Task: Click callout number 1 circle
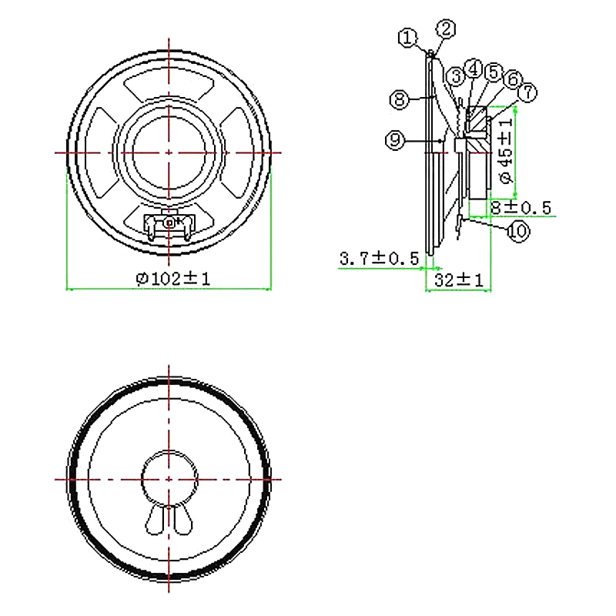pyautogui.click(x=407, y=37)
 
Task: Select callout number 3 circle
pyautogui.click(x=457, y=75)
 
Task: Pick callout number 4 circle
pyautogui.click(x=475, y=69)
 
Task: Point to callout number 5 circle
pyautogui.click(x=494, y=72)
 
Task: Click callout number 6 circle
pyautogui.click(x=512, y=79)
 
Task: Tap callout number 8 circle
pyautogui.click(x=398, y=99)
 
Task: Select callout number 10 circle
pyautogui.click(x=517, y=230)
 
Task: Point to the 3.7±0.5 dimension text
pyautogui.click(x=378, y=259)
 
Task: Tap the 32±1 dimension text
pyautogui.click(x=458, y=282)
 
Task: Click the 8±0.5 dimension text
pyautogui.click(x=521, y=208)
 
